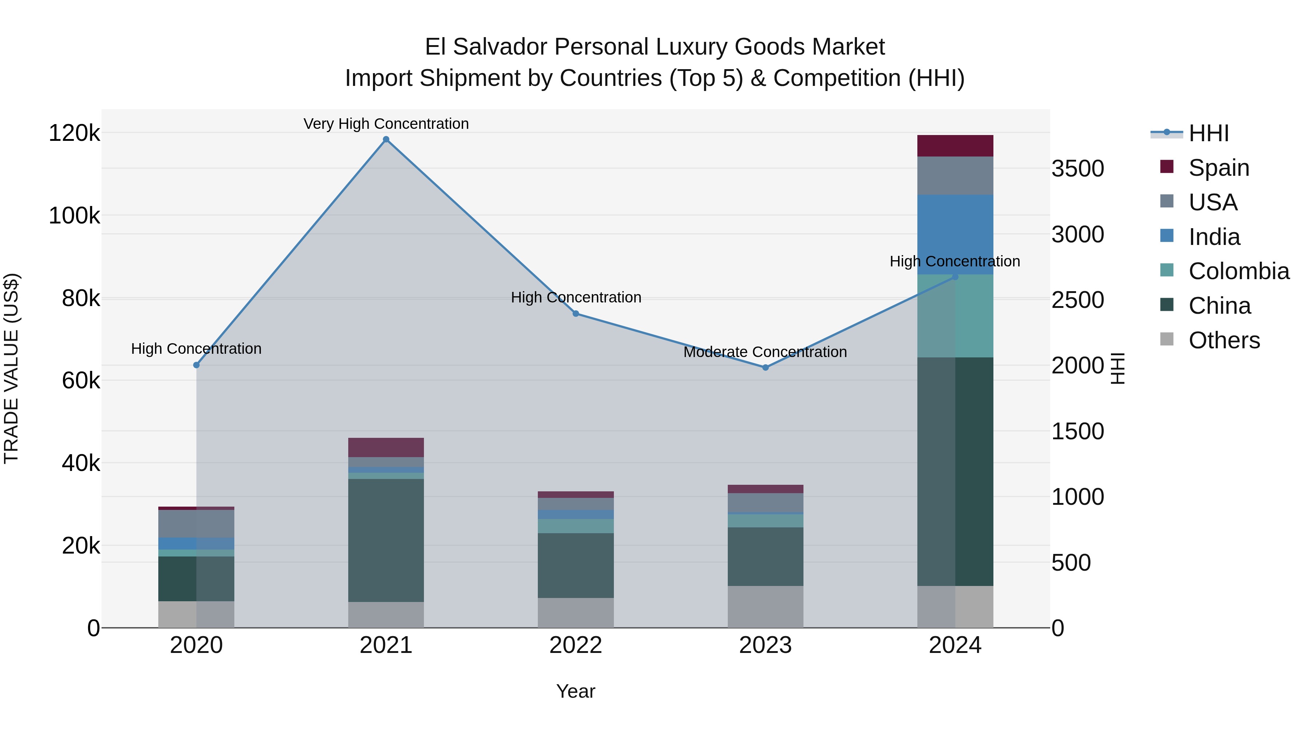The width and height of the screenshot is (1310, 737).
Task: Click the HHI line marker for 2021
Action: [x=386, y=139]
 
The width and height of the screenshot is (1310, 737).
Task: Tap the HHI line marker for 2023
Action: [x=765, y=367]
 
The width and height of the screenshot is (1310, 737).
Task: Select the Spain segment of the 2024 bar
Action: [x=955, y=146]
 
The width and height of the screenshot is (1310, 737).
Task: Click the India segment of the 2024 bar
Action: [x=955, y=234]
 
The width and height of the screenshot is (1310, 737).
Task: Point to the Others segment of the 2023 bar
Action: [x=765, y=606]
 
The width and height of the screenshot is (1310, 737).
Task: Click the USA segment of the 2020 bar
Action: [x=196, y=523]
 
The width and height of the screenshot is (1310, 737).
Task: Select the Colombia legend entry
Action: [x=1238, y=271]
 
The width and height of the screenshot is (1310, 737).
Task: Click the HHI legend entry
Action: [x=1208, y=133]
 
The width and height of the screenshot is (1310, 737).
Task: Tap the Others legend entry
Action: [x=1223, y=340]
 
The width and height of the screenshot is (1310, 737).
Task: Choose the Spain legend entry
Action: [x=1218, y=168]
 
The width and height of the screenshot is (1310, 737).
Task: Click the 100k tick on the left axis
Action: [x=74, y=216]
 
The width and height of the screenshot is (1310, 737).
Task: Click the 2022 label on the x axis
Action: [x=576, y=645]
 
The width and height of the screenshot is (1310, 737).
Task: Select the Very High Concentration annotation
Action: [x=386, y=124]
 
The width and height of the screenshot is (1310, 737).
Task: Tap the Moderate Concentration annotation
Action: [x=765, y=352]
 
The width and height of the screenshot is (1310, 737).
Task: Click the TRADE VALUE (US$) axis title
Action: [x=11, y=368]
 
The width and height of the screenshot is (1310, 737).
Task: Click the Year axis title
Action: [x=576, y=691]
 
